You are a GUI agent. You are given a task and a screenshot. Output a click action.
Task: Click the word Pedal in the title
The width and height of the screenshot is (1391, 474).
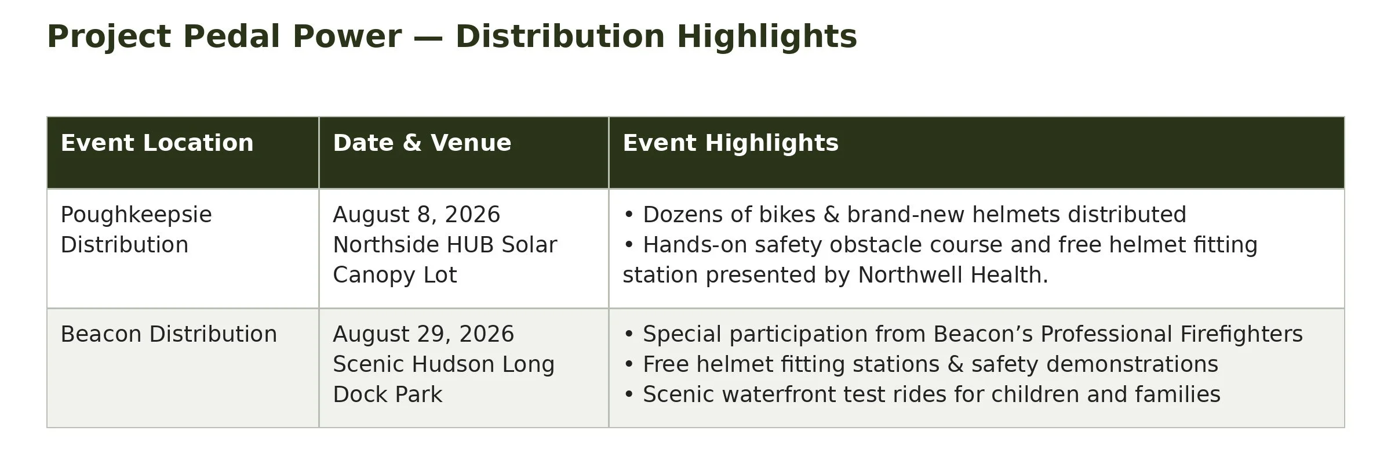point(231,37)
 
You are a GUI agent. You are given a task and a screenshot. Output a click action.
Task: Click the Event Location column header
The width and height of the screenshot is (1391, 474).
point(157,143)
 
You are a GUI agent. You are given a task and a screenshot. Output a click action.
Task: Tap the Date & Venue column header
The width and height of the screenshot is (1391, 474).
point(422,143)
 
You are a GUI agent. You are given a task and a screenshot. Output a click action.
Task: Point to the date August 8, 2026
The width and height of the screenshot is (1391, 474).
point(416,215)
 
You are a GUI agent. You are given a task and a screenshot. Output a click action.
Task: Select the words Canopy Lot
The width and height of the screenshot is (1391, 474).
point(395,276)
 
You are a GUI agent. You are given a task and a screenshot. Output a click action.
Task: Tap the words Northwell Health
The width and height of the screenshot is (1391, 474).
point(953,275)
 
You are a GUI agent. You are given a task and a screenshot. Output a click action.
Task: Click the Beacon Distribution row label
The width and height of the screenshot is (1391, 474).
point(169,334)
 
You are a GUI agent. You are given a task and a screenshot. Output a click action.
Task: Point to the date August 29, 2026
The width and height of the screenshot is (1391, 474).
point(423,335)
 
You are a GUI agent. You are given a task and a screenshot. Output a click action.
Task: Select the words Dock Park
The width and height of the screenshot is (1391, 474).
point(387,395)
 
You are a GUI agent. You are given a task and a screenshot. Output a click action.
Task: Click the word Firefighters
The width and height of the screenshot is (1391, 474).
point(1241,335)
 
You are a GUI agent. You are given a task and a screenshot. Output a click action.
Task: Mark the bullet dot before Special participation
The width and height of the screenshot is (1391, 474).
point(629,335)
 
